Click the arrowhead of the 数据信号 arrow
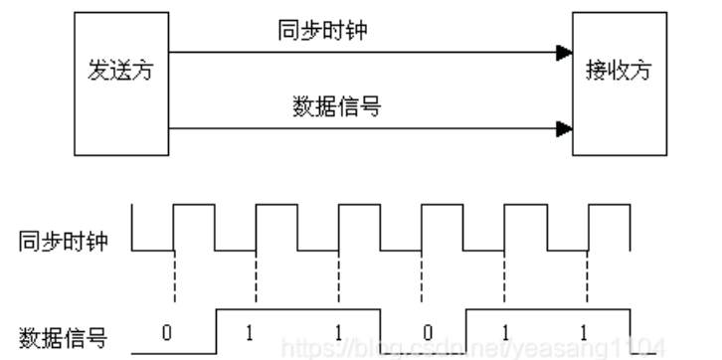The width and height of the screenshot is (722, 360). click(565, 126)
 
